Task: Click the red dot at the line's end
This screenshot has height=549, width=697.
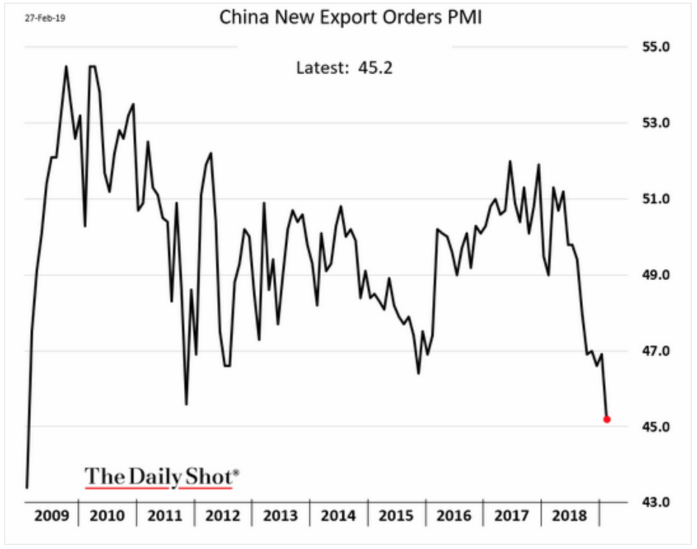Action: click(x=607, y=419)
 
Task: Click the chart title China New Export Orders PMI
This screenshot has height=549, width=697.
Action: click(x=350, y=17)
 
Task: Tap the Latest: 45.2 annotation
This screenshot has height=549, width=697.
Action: click(x=344, y=67)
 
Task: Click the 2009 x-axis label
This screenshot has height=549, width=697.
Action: click(x=50, y=515)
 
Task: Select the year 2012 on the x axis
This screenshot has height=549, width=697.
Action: click(x=223, y=515)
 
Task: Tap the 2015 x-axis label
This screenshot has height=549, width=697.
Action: click(x=396, y=515)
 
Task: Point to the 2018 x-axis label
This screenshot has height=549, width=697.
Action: click(x=570, y=515)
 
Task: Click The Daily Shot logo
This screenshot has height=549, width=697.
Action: click(x=162, y=477)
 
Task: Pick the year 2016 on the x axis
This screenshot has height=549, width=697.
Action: click(x=454, y=515)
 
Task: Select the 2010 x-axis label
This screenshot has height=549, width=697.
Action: click(x=107, y=515)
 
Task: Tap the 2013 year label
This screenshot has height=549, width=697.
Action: click(x=280, y=515)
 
